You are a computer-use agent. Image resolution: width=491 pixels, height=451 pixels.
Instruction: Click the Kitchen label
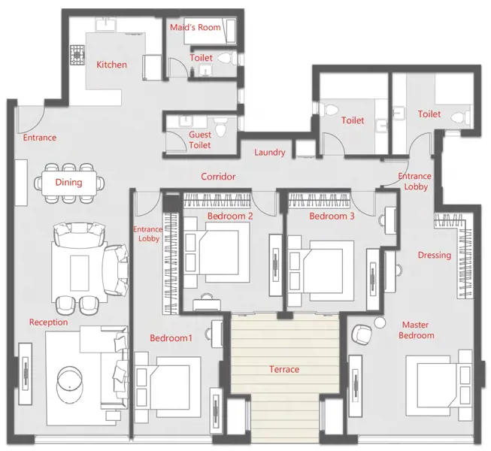[111, 65]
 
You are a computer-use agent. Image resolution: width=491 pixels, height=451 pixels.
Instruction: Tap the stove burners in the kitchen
[77, 55]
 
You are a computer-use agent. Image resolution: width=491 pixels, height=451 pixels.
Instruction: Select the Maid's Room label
[195, 27]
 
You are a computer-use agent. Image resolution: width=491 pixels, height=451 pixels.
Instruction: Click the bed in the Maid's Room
[210, 31]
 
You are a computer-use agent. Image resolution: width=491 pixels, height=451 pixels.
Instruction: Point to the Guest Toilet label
[200, 140]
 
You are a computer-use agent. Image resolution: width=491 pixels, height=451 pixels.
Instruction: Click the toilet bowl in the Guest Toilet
[221, 127]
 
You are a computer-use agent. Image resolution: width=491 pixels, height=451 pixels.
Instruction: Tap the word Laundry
[270, 153]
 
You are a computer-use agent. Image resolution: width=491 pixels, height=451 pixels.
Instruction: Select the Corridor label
[218, 177]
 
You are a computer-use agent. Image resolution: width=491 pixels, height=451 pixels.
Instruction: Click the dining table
[69, 183]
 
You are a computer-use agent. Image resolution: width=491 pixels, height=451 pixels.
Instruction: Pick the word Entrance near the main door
[40, 138]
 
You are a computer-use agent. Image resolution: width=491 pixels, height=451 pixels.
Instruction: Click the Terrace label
[284, 369]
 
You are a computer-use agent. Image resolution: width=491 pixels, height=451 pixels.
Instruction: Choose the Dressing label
[435, 255]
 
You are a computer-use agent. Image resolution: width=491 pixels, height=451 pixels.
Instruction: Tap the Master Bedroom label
[416, 330]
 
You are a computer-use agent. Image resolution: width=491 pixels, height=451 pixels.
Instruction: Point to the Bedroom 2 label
[230, 216]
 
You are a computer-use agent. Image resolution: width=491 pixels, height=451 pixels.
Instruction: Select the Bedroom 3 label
[332, 216]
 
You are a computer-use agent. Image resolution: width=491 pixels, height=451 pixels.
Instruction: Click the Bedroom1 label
[171, 338]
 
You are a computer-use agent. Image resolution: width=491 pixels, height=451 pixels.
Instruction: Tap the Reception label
[49, 322]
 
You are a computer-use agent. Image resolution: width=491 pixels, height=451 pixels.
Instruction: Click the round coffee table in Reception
[70, 383]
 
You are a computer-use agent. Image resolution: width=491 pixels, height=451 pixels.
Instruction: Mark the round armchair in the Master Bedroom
[362, 335]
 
